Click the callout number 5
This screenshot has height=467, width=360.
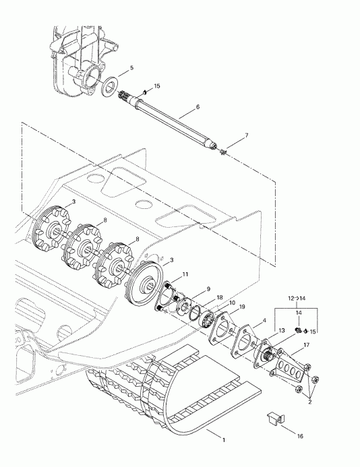pyautogui.click(x=131, y=68)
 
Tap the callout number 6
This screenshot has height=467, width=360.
pyautogui.click(x=198, y=106)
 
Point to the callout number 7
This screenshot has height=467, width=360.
pyautogui.click(x=246, y=135)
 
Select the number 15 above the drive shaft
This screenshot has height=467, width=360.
pyautogui.click(x=157, y=86)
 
